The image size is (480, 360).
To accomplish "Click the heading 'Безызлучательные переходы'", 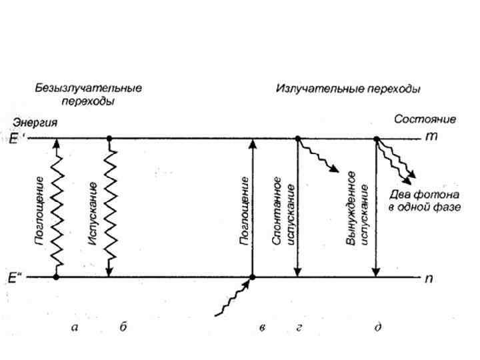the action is coord(89,95).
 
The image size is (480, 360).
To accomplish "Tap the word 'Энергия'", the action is coord(33,123).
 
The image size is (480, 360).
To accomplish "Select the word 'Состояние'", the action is coord(425,119).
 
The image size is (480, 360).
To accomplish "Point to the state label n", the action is coord(429,278).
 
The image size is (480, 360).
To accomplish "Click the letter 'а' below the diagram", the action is coord(75,327).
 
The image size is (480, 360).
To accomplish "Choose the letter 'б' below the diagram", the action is coord(123,327).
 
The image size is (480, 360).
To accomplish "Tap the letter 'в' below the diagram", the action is coord(263,327).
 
